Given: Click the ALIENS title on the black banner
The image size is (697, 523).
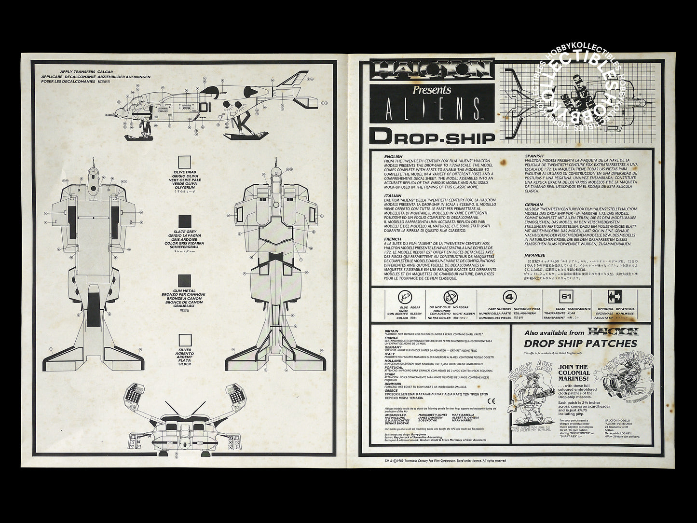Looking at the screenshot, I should (432, 109).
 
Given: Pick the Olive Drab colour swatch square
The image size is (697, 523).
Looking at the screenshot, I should (184, 162).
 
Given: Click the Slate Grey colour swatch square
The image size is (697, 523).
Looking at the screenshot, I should (184, 221).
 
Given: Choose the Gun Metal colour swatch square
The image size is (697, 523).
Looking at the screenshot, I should (184, 281).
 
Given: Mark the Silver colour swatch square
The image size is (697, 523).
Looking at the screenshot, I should (184, 341).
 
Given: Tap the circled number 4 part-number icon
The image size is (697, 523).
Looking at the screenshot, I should (508, 296).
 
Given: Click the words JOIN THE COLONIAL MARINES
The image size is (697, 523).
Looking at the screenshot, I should (574, 373).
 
